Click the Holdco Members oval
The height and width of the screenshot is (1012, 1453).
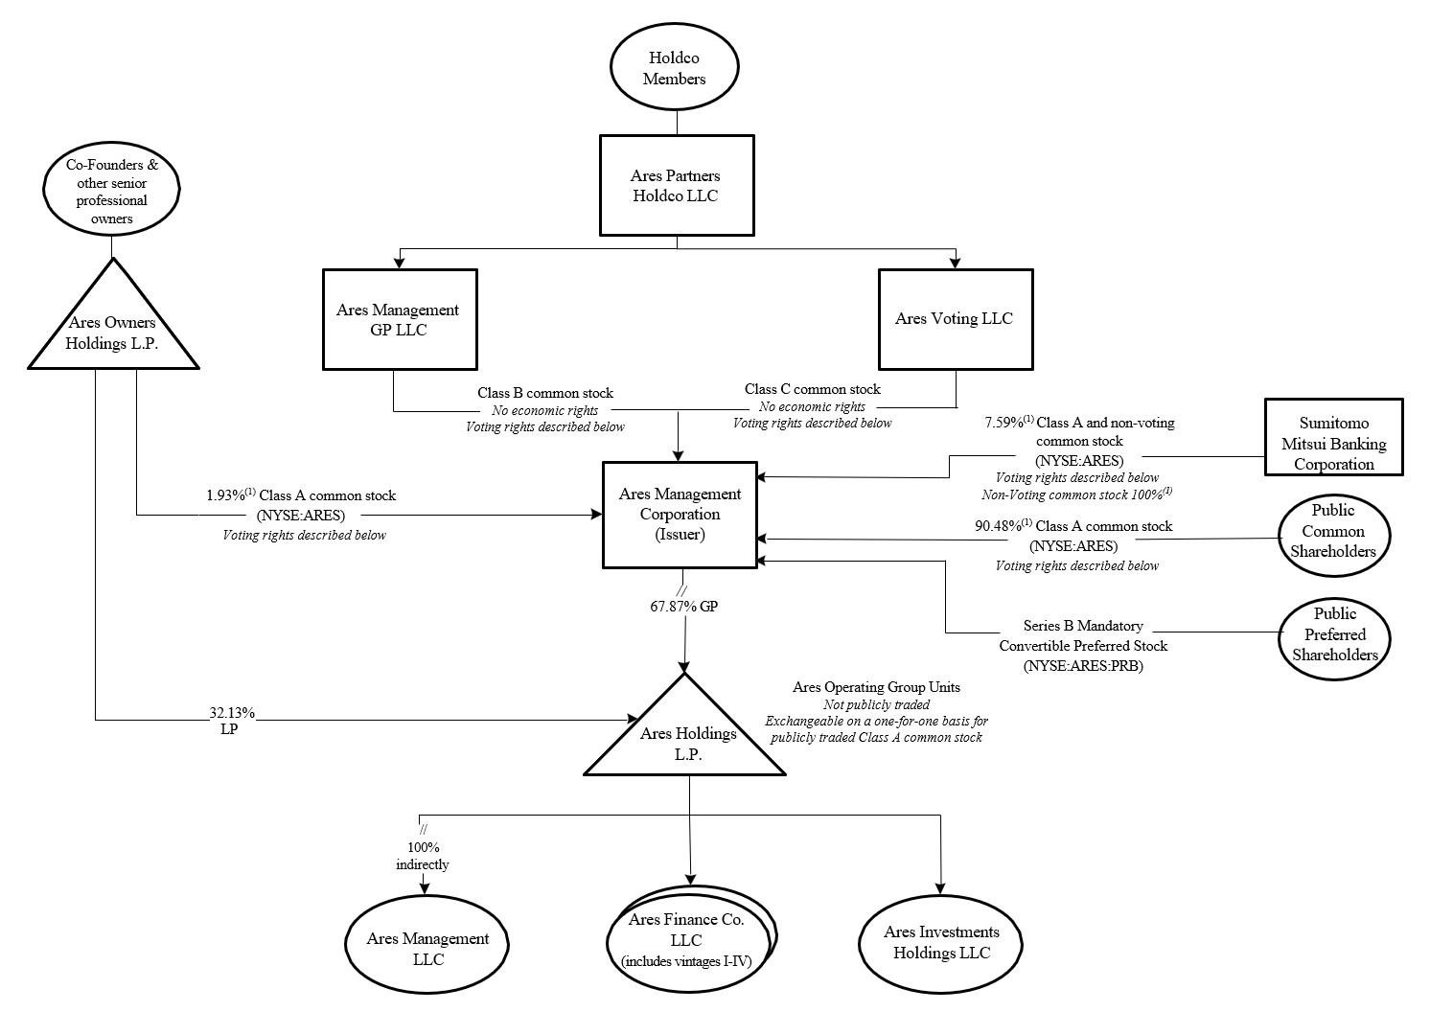click(674, 68)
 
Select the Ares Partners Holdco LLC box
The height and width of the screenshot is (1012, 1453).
click(674, 186)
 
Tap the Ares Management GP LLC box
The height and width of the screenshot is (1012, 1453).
click(400, 319)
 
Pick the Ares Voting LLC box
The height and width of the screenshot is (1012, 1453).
click(956, 319)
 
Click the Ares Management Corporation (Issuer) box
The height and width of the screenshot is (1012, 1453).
click(679, 514)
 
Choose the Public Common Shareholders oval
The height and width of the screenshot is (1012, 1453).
click(1332, 532)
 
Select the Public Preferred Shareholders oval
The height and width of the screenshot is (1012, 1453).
click(1334, 634)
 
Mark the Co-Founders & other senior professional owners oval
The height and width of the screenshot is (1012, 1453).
click(112, 191)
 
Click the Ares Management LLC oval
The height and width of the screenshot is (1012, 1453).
click(427, 948)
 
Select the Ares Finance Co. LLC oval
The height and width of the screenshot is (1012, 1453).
click(689, 939)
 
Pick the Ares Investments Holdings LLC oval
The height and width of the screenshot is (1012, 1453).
click(940, 942)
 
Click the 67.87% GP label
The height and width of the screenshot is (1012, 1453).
click(683, 607)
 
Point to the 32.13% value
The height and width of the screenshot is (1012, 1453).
click(232, 713)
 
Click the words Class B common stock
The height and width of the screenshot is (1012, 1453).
click(545, 393)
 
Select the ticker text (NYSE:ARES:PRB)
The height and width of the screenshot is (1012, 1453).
click(1083, 665)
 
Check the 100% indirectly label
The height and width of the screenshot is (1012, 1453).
click(423, 856)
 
